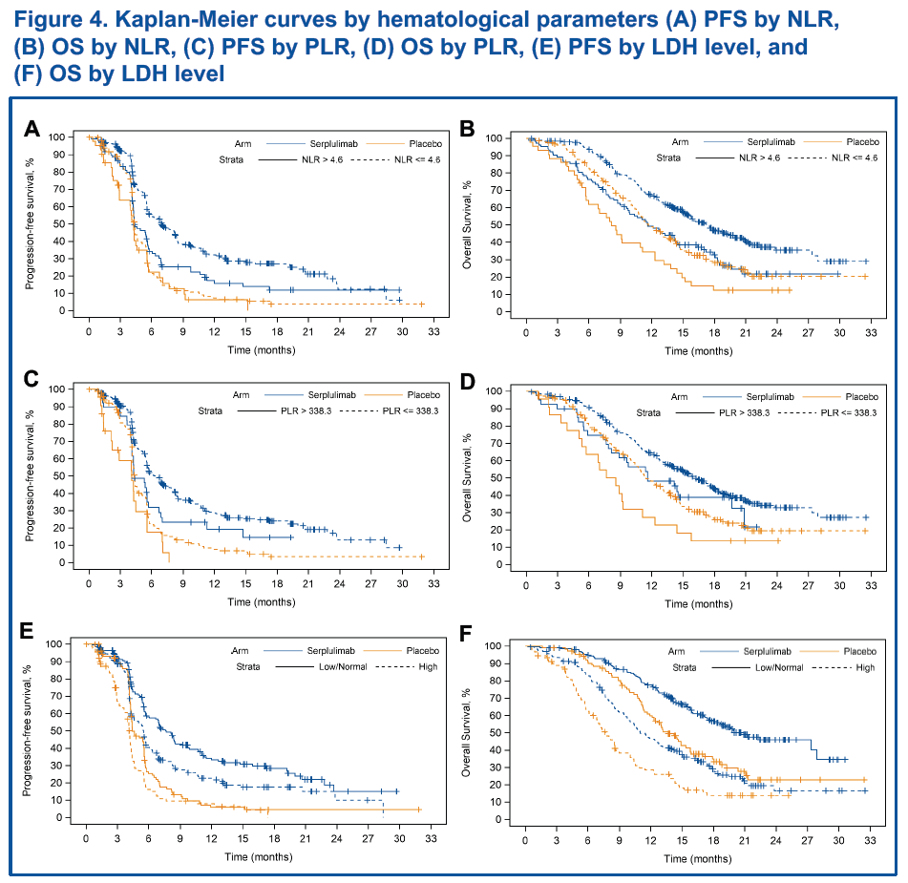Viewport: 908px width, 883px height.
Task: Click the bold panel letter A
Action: coord(32,128)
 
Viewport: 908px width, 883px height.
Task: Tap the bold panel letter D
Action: coord(468,382)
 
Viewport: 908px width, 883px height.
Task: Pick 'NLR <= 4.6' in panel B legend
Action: coord(854,158)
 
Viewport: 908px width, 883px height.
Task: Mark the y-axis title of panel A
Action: coord(32,223)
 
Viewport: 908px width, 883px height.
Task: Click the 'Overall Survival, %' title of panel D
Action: coord(468,477)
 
